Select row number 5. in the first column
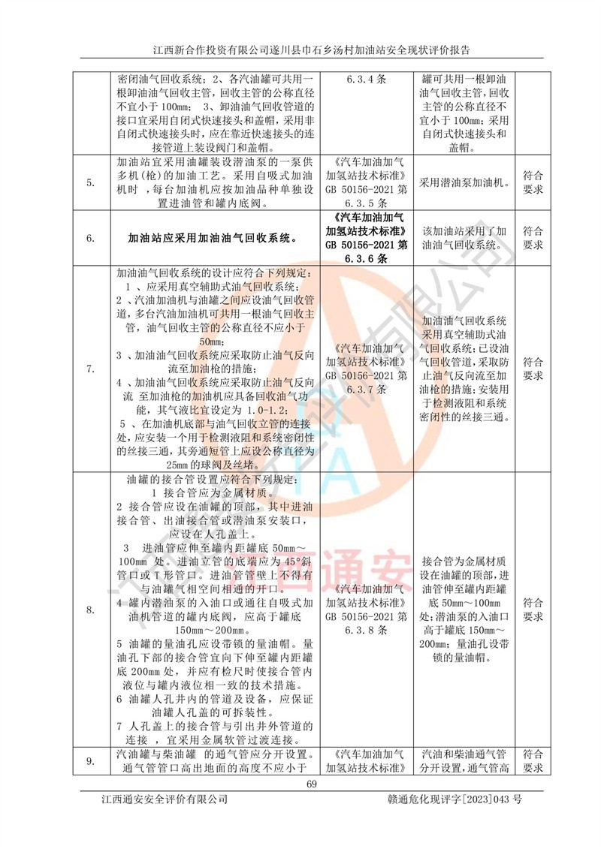(x=90, y=182)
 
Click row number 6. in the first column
(x=90, y=238)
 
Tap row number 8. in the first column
(x=90, y=610)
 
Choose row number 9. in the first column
(x=90, y=761)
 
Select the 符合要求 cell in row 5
(x=533, y=182)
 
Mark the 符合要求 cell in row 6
(x=533, y=238)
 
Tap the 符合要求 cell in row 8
(x=533, y=610)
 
